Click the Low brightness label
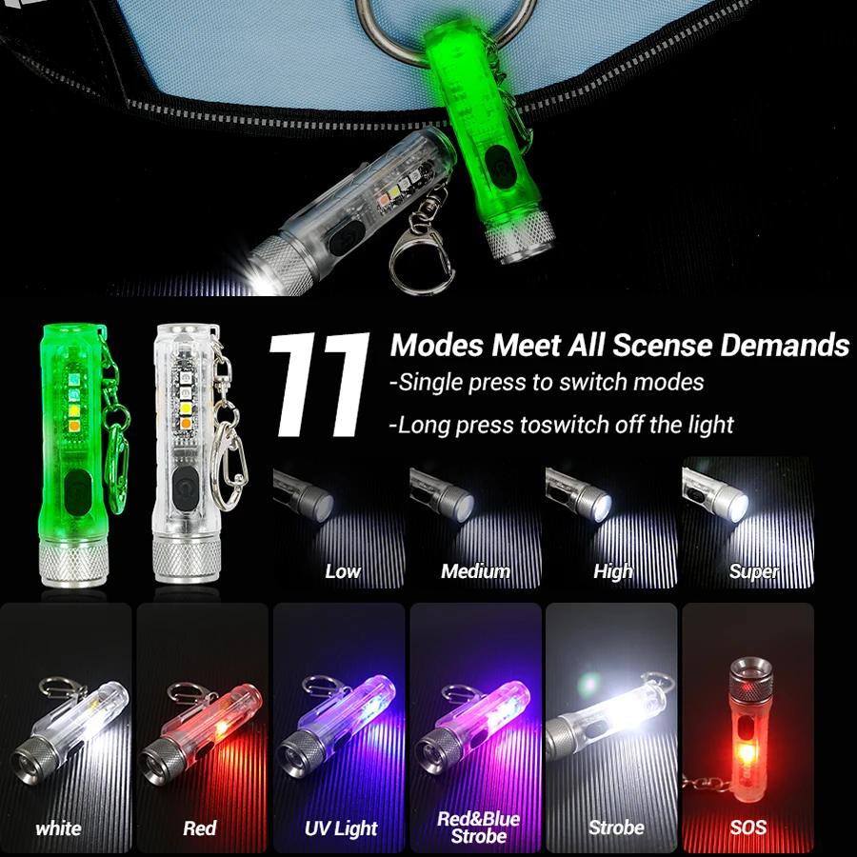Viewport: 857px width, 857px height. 343,571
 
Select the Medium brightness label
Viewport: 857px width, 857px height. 475,571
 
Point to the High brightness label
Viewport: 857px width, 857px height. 612,571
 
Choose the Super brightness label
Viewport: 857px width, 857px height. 754,571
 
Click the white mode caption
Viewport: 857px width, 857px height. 58,828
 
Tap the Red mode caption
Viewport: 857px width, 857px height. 200,828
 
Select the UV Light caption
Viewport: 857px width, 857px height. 341,828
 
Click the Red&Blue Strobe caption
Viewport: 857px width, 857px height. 478,827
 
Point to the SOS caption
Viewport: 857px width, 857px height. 748,828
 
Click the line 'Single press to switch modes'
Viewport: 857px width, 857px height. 547,383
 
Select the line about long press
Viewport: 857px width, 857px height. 562,425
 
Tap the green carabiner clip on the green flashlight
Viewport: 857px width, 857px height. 117,448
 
